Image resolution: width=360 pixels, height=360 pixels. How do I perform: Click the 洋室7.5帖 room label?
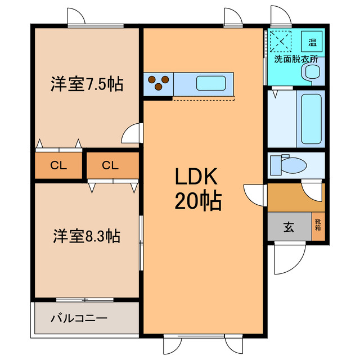(x=87, y=85)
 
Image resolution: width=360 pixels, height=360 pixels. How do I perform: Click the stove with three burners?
(x=159, y=84)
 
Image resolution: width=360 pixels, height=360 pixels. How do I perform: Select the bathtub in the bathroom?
(x=310, y=119)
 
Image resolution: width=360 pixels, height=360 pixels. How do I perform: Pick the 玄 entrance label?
(x=289, y=227)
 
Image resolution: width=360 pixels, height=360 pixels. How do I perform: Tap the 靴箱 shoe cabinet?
(x=318, y=227)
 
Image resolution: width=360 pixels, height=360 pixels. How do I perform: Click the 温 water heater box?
(x=312, y=40)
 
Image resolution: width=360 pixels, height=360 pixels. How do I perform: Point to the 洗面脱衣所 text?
(x=295, y=58)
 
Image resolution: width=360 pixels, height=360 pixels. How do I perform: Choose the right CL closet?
(x=110, y=165)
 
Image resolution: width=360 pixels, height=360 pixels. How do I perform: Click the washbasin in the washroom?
(x=311, y=71)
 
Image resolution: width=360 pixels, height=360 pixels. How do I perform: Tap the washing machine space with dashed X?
(x=280, y=40)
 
